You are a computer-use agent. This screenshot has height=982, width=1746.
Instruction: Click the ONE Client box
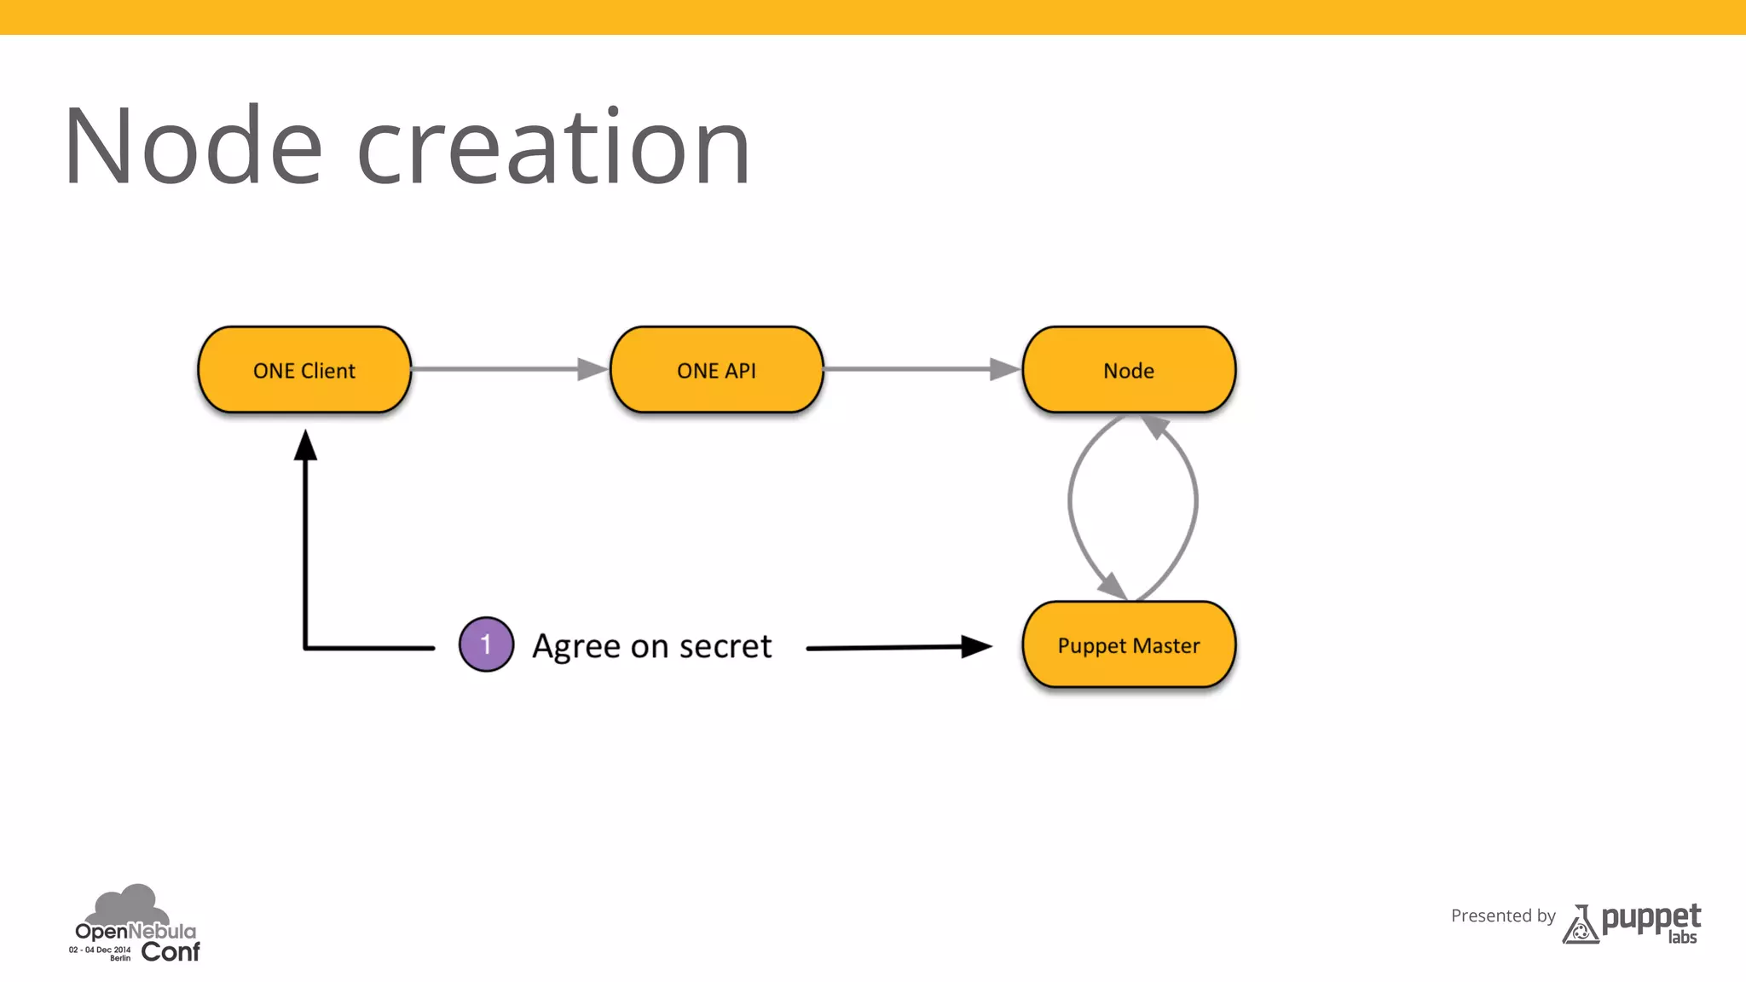click(x=304, y=370)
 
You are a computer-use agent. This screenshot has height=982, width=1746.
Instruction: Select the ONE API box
click(x=716, y=370)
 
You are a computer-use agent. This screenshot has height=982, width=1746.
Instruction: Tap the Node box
click(x=1129, y=370)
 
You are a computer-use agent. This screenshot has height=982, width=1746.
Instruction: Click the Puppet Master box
click(x=1129, y=645)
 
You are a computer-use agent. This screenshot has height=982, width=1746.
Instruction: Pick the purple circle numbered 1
click(x=486, y=644)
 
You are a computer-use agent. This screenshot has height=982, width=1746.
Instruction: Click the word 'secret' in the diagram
click(x=726, y=646)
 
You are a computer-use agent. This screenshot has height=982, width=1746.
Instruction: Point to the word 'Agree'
click(x=576, y=646)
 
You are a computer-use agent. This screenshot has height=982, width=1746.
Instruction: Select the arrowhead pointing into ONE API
click(x=592, y=369)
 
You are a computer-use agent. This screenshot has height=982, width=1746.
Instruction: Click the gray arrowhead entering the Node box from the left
click(x=1004, y=369)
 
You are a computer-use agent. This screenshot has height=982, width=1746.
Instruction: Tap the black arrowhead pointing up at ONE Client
click(x=305, y=445)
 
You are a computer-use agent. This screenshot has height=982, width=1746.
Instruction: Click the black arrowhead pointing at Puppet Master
click(x=975, y=646)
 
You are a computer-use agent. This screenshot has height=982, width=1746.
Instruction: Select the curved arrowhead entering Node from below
click(x=1154, y=425)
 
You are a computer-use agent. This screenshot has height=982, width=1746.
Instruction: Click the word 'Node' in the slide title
click(x=193, y=147)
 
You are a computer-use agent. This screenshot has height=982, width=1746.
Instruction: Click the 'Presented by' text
click(x=1503, y=916)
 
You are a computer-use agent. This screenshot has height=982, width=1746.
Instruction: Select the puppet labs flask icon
click(x=1580, y=926)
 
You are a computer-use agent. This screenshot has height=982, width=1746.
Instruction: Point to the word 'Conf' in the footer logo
click(x=171, y=951)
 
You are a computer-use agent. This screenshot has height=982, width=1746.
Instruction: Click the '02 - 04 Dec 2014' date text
click(x=100, y=949)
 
